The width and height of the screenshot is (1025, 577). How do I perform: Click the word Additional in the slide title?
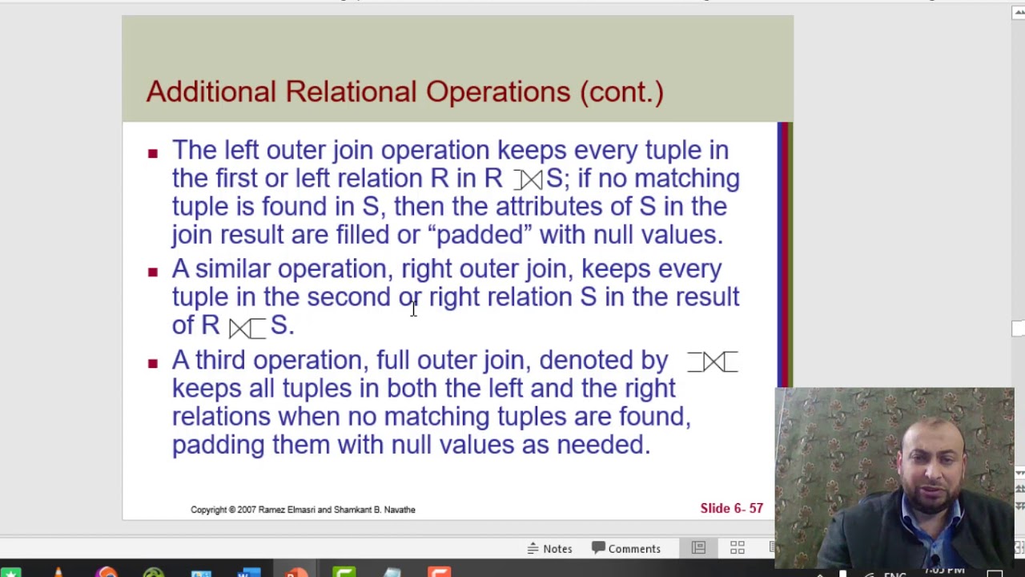point(211,91)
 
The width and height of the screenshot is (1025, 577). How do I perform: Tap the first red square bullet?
point(153,152)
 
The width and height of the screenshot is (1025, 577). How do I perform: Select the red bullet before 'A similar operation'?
point(153,272)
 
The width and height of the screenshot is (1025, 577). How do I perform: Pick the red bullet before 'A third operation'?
point(153,363)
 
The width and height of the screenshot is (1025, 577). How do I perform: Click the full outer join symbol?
point(712,362)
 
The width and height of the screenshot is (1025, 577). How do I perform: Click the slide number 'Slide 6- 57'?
point(731,508)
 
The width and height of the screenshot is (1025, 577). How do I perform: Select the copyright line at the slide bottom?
point(303,510)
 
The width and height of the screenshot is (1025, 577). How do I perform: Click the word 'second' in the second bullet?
point(348,297)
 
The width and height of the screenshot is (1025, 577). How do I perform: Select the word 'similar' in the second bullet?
point(232,268)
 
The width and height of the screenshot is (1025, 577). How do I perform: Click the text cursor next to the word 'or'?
point(413,309)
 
